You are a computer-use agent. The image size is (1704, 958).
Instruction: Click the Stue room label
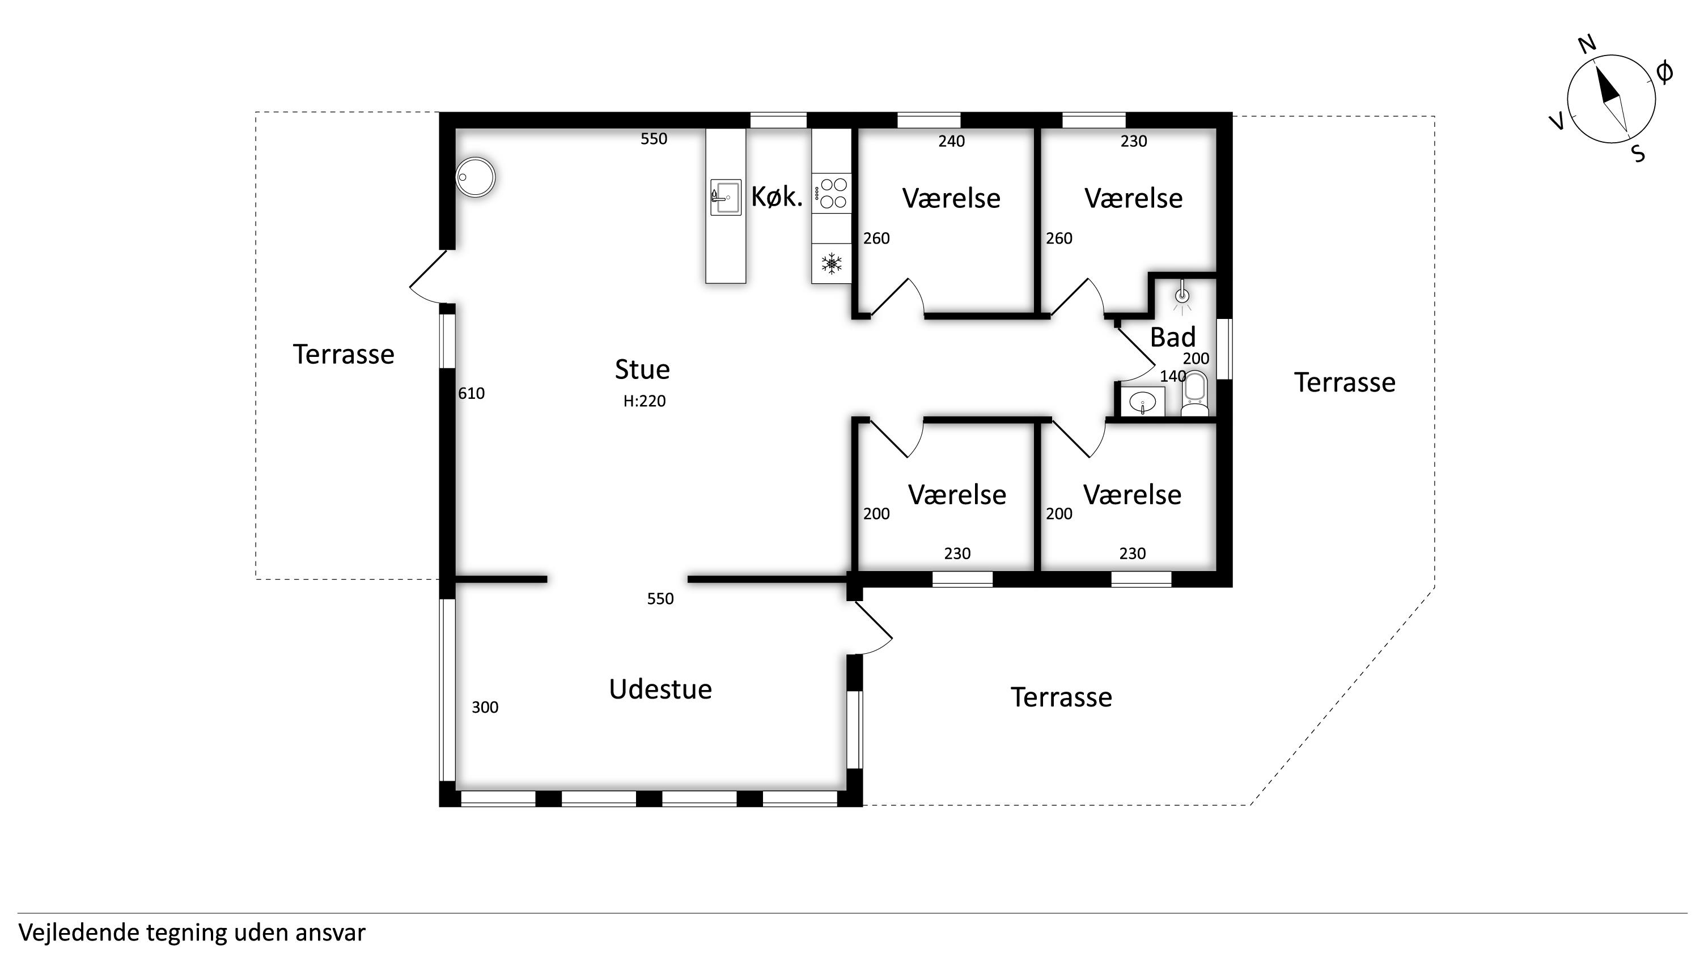pos(642,369)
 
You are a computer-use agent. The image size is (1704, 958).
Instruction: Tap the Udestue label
pos(660,689)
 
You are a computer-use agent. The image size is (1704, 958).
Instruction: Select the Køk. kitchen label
pos(777,197)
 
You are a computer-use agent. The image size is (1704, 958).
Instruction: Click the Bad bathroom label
pos(1173,337)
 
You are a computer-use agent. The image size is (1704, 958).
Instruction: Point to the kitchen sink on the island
pos(726,197)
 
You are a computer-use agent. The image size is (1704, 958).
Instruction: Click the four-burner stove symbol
pos(832,193)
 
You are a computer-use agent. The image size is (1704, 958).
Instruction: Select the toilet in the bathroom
pos(1194,395)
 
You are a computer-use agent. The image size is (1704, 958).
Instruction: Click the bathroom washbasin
pos(1142,401)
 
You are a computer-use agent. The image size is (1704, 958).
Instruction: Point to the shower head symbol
pos(1181,295)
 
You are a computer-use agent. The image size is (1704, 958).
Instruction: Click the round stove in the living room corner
pos(476,177)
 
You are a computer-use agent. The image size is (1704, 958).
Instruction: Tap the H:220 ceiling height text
pos(645,401)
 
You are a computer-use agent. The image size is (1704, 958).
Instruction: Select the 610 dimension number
pos(471,393)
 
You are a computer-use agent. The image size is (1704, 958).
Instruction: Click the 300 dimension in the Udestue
pos(485,708)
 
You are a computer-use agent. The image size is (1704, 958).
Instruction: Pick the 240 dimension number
pos(951,141)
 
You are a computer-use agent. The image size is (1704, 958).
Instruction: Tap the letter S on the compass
pos(1638,154)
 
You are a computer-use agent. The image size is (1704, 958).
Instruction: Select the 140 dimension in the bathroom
pos(1173,376)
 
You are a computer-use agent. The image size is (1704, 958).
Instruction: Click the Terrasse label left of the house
pos(344,355)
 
